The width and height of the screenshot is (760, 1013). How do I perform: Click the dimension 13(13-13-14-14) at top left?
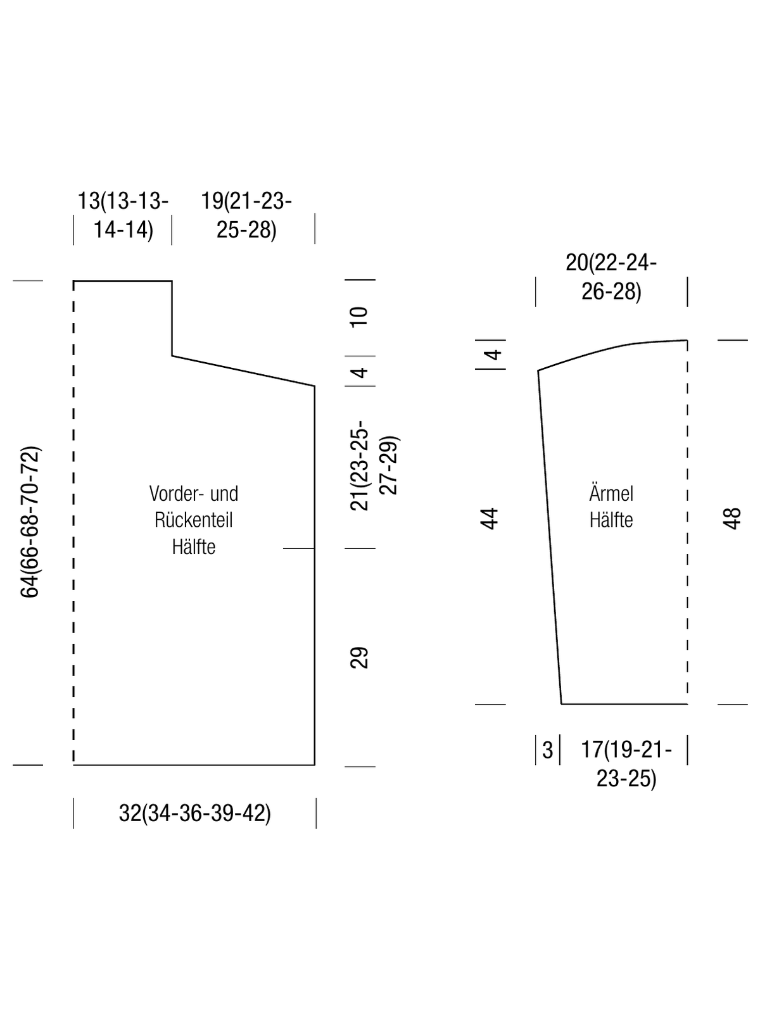point(123,215)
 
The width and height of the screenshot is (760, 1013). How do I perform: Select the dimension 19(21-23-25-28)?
point(246,215)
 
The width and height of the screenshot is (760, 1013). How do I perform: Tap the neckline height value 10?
point(359,318)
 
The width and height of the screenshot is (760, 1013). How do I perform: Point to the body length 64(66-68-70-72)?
point(30,522)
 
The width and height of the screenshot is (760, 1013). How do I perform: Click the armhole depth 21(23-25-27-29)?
point(374,465)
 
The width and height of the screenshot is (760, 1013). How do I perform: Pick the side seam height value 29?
point(359,658)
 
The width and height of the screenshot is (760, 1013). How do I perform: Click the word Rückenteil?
point(193,520)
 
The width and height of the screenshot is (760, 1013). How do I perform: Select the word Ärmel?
point(611,493)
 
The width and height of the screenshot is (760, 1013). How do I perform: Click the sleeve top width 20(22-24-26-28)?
point(611,277)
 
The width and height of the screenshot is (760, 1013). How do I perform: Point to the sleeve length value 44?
point(490,519)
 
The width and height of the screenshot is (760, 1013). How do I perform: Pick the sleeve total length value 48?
point(732,519)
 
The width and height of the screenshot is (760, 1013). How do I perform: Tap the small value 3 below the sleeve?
point(547,750)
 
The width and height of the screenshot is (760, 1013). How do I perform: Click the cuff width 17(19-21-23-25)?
point(626,764)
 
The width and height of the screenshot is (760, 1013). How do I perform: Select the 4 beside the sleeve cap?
point(493,355)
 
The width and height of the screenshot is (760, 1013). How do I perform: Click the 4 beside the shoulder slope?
point(360,372)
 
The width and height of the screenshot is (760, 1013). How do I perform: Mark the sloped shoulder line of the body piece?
point(243,370)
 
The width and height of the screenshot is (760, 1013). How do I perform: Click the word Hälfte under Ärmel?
point(611,520)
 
